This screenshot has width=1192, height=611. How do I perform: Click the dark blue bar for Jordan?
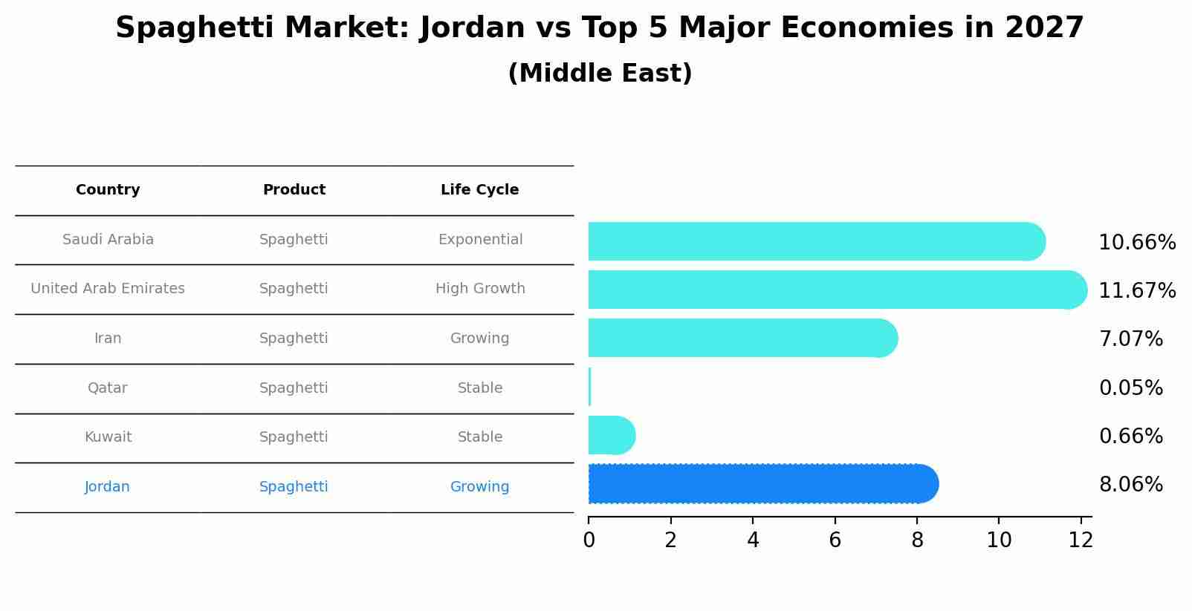click(762, 484)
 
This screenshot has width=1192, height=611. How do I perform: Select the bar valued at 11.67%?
click(837, 290)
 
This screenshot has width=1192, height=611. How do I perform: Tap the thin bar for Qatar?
click(589, 387)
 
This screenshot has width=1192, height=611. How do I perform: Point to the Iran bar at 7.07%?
click(742, 338)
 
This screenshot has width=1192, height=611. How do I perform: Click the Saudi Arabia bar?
click(816, 241)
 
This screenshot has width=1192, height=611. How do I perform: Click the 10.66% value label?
click(1137, 243)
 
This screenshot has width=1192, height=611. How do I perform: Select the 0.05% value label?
click(1130, 388)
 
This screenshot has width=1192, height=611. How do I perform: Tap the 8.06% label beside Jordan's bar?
click(1130, 485)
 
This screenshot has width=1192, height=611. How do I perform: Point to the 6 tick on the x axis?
click(835, 540)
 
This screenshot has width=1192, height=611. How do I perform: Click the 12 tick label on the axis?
click(1081, 540)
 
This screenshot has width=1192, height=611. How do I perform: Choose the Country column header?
click(108, 190)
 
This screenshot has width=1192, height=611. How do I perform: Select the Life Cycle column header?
click(479, 190)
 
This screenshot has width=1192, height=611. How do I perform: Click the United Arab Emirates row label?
click(108, 289)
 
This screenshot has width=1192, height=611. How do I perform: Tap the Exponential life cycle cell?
click(480, 240)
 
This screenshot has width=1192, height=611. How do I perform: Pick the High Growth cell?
click(480, 289)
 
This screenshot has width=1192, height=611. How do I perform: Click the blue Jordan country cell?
click(107, 487)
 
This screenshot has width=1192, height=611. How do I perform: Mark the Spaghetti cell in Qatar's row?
click(294, 388)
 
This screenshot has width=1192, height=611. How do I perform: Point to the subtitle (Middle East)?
click(600, 73)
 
